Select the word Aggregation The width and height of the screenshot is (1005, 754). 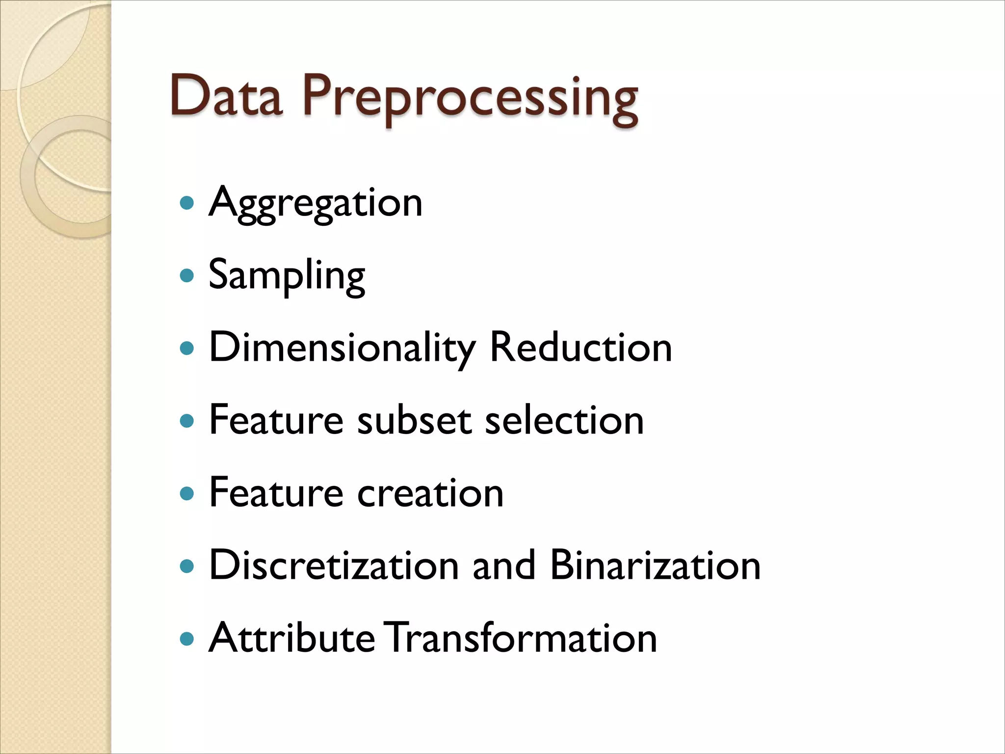316,203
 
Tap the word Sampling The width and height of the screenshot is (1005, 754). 287,275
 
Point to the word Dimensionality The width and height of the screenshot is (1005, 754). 342,348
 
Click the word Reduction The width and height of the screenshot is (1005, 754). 581,347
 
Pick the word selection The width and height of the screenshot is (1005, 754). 564,420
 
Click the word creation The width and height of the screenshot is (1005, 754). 430,493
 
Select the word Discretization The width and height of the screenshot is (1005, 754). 334,565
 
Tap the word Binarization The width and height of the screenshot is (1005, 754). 655,565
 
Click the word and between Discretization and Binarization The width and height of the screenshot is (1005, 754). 504,565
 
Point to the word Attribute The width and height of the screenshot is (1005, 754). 292,638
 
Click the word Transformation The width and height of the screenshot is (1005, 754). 520,638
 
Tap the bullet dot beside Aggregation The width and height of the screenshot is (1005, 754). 186,203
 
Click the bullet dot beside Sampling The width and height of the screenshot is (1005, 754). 186,275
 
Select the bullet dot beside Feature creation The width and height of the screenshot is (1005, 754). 186,493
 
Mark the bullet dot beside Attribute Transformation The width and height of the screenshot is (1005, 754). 186,639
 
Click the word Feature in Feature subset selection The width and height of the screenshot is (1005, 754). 276,420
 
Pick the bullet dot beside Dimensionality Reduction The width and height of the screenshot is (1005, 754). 186,348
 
